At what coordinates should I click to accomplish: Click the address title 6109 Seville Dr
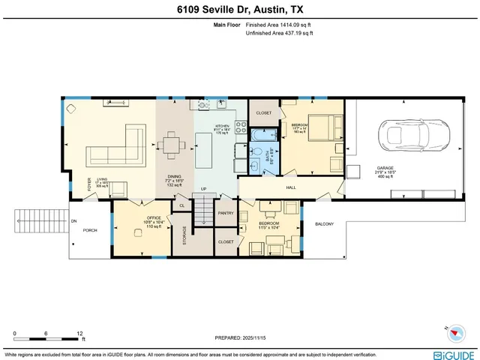pos(239,8)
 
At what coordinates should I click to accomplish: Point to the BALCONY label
pos(324,224)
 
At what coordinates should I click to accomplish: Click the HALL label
pos(292,187)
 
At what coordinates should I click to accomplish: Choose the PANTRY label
pos(225,213)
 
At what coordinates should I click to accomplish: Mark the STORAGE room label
pos(184,239)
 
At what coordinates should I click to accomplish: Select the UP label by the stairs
pos(202,189)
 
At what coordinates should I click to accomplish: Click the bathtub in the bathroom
pos(262,138)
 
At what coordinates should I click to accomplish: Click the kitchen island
pos(205,151)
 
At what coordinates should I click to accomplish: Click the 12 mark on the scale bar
pos(79,333)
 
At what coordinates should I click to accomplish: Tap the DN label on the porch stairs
pos(73,222)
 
